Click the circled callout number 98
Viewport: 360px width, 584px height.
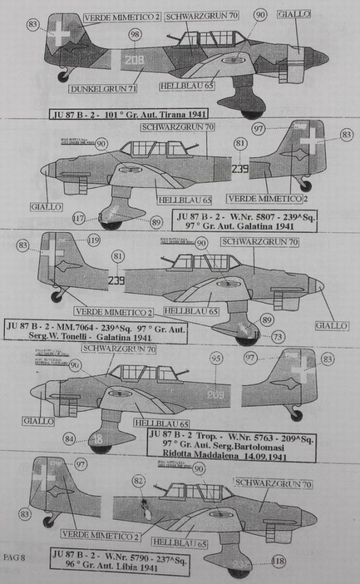tap(134, 35)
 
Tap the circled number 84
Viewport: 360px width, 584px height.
tap(69, 438)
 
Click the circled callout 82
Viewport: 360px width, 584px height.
tap(138, 481)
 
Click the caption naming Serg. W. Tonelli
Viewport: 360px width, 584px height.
tap(94, 331)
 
